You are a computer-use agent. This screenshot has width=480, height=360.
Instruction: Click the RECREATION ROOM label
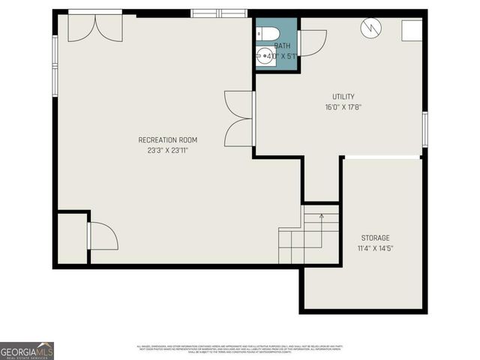coord(168,140)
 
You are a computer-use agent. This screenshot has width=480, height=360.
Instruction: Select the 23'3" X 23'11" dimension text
coord(168,151)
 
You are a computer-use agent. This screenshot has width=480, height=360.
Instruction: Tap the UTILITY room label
coord(343,97)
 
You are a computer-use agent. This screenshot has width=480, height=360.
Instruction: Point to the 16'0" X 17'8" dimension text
coord(343,107)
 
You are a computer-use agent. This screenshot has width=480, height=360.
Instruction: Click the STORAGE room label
coord(375,238)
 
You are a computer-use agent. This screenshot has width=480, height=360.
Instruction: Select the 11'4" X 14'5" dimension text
coord(375,248)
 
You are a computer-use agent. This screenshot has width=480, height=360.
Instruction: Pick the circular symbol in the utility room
coord(370,28)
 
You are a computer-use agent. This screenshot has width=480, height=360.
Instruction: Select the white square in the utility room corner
coord(411,30)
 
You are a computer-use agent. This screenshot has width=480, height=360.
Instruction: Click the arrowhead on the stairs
coord(321,217)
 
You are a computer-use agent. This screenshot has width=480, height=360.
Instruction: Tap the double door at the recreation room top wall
coord(95,27)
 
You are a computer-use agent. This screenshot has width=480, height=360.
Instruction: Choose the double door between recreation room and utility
coord(239,118)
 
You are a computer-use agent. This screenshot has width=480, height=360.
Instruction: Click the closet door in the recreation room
coord(103,235)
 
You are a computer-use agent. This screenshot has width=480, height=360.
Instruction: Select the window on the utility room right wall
coord(424,129)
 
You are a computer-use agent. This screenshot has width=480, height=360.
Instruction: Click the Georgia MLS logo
coord(27,351)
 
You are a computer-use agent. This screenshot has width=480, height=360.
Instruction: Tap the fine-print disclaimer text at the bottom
coord(239,349)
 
